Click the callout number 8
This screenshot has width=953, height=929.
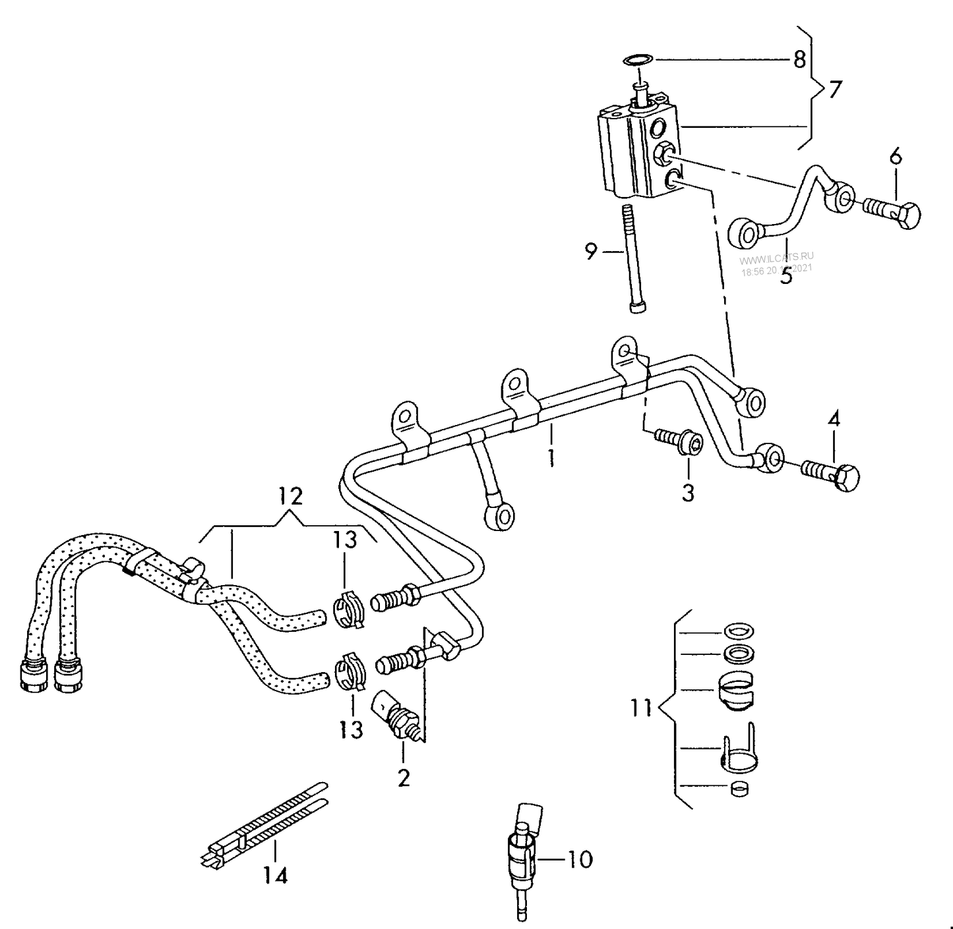pyautogui.click(x=799, y=59)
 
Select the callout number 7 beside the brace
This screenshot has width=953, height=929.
pyautogui.click(x=835, y=89)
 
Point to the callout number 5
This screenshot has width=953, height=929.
pyautogui.click(x=785, y=275)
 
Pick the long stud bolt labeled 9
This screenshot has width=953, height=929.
pyautogui.click(x=632, y=257)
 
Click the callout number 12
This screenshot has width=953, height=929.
pyautogui.click(x=290, y=495)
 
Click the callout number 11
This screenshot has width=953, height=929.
pyautogui.click(x=640, y=708)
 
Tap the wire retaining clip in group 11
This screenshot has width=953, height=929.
pyautogui.click(x=737, y=751)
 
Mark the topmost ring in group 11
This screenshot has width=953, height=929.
pyautogui.click(x=739, y=631)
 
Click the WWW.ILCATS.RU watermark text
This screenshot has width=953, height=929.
pyautogui.click(x=776, y=257)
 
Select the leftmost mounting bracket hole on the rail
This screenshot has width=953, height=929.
pyautogui.click(x=404, y=417)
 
